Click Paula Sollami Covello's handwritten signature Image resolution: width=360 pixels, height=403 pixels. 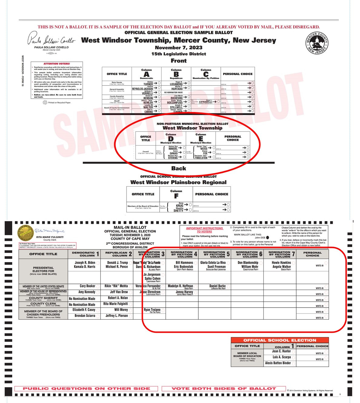point(51,39)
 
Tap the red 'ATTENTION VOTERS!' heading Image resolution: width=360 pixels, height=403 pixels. point(57,64)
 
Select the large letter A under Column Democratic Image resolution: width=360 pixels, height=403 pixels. point(147,74)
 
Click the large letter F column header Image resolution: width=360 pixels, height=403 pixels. point(176,196)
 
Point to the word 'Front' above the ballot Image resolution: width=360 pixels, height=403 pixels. point(179,61)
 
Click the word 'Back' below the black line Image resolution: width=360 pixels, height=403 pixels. point(179,168)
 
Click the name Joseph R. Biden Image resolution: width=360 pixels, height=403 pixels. point(85,263)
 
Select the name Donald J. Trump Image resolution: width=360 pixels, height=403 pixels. point(117,263)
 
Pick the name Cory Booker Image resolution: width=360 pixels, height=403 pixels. point(87,286)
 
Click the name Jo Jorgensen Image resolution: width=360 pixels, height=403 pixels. point(152,274)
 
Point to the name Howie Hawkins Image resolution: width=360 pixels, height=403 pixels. point(281,263)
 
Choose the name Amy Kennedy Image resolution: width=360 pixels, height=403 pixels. point(87,292)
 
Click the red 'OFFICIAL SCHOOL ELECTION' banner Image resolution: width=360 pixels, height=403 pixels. point(279,340)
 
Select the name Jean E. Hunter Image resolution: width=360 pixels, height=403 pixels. point(281,351)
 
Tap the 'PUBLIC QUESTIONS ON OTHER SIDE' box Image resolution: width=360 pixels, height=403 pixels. point(86,388)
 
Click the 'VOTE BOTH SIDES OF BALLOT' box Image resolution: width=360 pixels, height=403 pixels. point(224,388)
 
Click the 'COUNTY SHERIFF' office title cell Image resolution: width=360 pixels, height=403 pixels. point(43,299)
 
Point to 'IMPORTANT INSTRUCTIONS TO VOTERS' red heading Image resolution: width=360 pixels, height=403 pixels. point(204,230)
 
